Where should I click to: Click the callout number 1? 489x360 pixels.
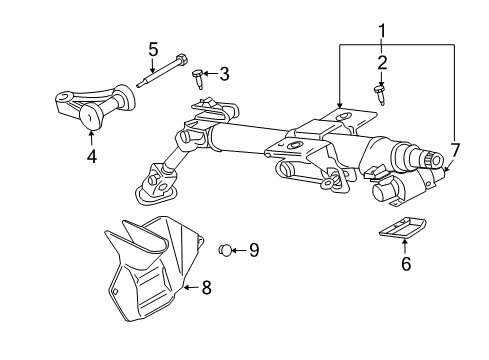pyautogui.click(x=382, y=31)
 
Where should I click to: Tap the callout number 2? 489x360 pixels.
pyautogui.click(x=382, y=63)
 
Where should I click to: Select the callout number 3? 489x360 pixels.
pyautogui.click(x=225, y=74)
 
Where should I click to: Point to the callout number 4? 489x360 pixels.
pyautogui.click(x=92, y=156)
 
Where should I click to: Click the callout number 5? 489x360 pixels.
pyautogui.click(x=153, y=50)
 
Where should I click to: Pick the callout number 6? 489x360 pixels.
pyautogui.click(x=406, y=264)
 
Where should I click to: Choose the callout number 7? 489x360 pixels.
pyautogui.click(x=455, y=150)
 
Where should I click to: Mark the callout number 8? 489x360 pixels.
pyautogui.click(x=207, y=287)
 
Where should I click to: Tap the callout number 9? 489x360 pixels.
pyautogui.click(x=254, y=250)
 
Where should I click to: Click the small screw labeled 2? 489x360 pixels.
pyautogui.click(x=380, y=95)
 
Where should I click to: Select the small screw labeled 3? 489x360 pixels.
pyautogui.click(x=198, y=79)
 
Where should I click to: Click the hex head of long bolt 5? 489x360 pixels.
pyautogui.click(x=181, y=60)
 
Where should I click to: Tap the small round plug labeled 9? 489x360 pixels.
pyautogui.click(x=225, y=250)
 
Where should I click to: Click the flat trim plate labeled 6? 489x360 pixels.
pyautogui.click(x=403, y=228)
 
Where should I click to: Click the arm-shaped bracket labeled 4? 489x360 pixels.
pyautogui.click(x=95, y=106)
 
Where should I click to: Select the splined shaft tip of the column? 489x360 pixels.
pyautogui.click(x=434, y=160)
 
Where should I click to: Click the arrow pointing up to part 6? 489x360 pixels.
pyautogui.click(x=405, y=247)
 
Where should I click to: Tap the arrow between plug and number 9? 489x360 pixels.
pyautogui.click(x=239, y=250)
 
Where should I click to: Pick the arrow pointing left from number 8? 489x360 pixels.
pyautogui.click(x=191, y=287)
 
